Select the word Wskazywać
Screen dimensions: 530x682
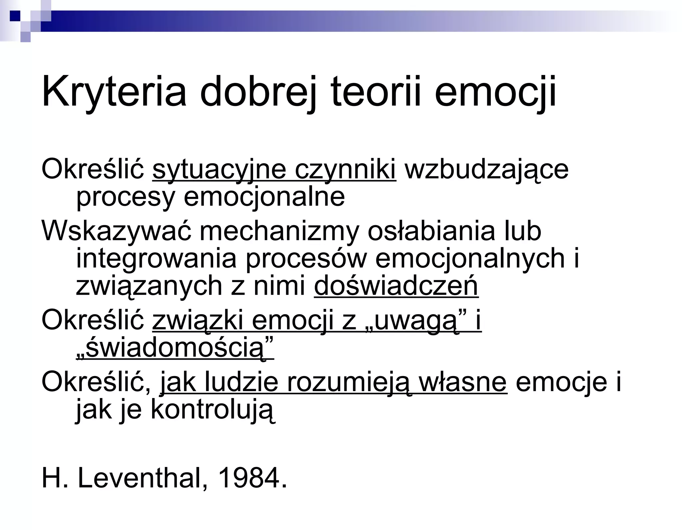coord(117,231)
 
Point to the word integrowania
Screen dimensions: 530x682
coord(156,259)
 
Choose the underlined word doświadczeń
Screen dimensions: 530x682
coord(396,286)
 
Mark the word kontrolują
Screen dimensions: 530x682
coord(213,410)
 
